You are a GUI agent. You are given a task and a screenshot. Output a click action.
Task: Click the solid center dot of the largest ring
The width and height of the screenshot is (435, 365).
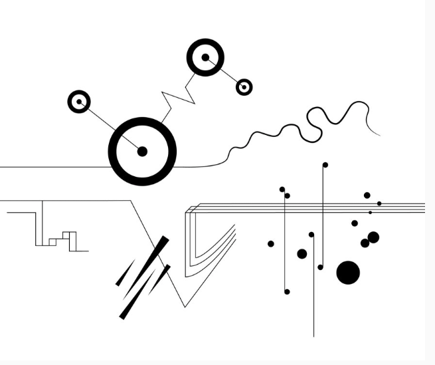pyautogui.click(x=141, y=152)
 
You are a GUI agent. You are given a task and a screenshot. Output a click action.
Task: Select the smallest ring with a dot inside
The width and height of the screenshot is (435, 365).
pyautogui.click(x=244, y=86)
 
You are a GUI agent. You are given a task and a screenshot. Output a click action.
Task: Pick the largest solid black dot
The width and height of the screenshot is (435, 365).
pyautogui.click(x=348, y=272)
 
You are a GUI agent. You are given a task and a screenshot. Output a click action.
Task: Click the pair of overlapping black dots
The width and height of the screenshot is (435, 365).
pyautogui.click(x=370, y=239)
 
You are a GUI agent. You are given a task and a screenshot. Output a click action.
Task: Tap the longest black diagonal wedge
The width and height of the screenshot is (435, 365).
pyautogui.click(x=143, y=277)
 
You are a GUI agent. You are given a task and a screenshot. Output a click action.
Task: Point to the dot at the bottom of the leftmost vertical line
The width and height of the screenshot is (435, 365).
pyautogui.click(x=287, y=291)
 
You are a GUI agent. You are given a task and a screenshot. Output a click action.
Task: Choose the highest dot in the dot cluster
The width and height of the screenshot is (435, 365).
pyautogui.click(x=325, y=164)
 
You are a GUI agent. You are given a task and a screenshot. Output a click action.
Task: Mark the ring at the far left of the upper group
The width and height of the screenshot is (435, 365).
pyautogui.click(x=79, y=102)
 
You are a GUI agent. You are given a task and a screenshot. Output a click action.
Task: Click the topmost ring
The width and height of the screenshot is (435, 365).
pyautogui.click(x=205, y=58)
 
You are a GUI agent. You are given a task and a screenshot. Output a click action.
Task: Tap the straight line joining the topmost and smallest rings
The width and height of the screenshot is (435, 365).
pyautogui.click(x=226, y=73)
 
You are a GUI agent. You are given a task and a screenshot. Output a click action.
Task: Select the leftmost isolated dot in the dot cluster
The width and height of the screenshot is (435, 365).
pyautogui.click(x=270, y=244)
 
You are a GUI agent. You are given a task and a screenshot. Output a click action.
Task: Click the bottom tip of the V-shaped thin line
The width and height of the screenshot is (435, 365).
pyautogui.click(x=184, y=306)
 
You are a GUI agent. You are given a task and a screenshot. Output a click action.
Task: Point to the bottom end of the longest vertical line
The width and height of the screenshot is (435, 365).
pyautogui.click(x=313, y=336)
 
